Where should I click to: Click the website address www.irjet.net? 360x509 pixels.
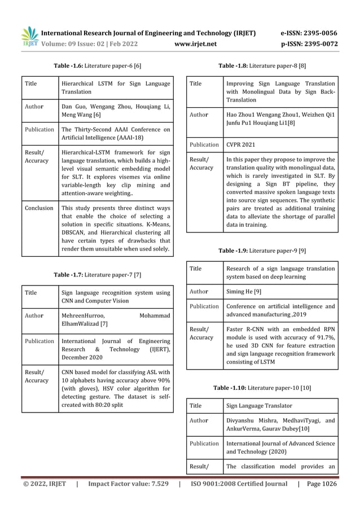click(x=195, y=43)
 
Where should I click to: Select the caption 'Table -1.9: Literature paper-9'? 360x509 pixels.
click(x=262, y=250)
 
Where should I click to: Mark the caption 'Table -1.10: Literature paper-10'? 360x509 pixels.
click(x=262, y=388)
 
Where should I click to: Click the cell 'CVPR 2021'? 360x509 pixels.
click(x=242, y=144)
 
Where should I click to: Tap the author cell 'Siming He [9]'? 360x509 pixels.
click(x=244, y=291)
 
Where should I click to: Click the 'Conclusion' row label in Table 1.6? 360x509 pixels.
click(x=39, y=208)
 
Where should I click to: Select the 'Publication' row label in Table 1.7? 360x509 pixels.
click(x=39, y=341)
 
